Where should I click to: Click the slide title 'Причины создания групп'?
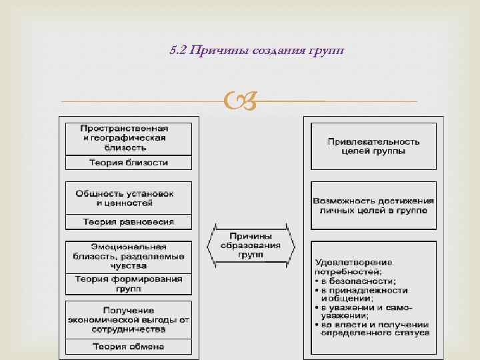click(x=267, y=51)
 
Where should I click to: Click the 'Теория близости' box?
click(x=128, y=162)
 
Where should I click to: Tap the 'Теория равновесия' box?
click(x=128, y=221)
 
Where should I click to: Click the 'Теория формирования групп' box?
click(x=128, y=284)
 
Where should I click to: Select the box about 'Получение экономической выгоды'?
click(x=128, y=319)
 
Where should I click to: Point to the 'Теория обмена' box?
click(x=128, y=347)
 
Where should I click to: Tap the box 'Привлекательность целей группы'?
click(x=373, y=146)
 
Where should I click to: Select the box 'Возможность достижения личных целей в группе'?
click(x=373, y=205)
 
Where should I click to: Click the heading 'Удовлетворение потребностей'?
click(x=354, y=267)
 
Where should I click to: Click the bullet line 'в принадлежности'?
click(x=363, y=291)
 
